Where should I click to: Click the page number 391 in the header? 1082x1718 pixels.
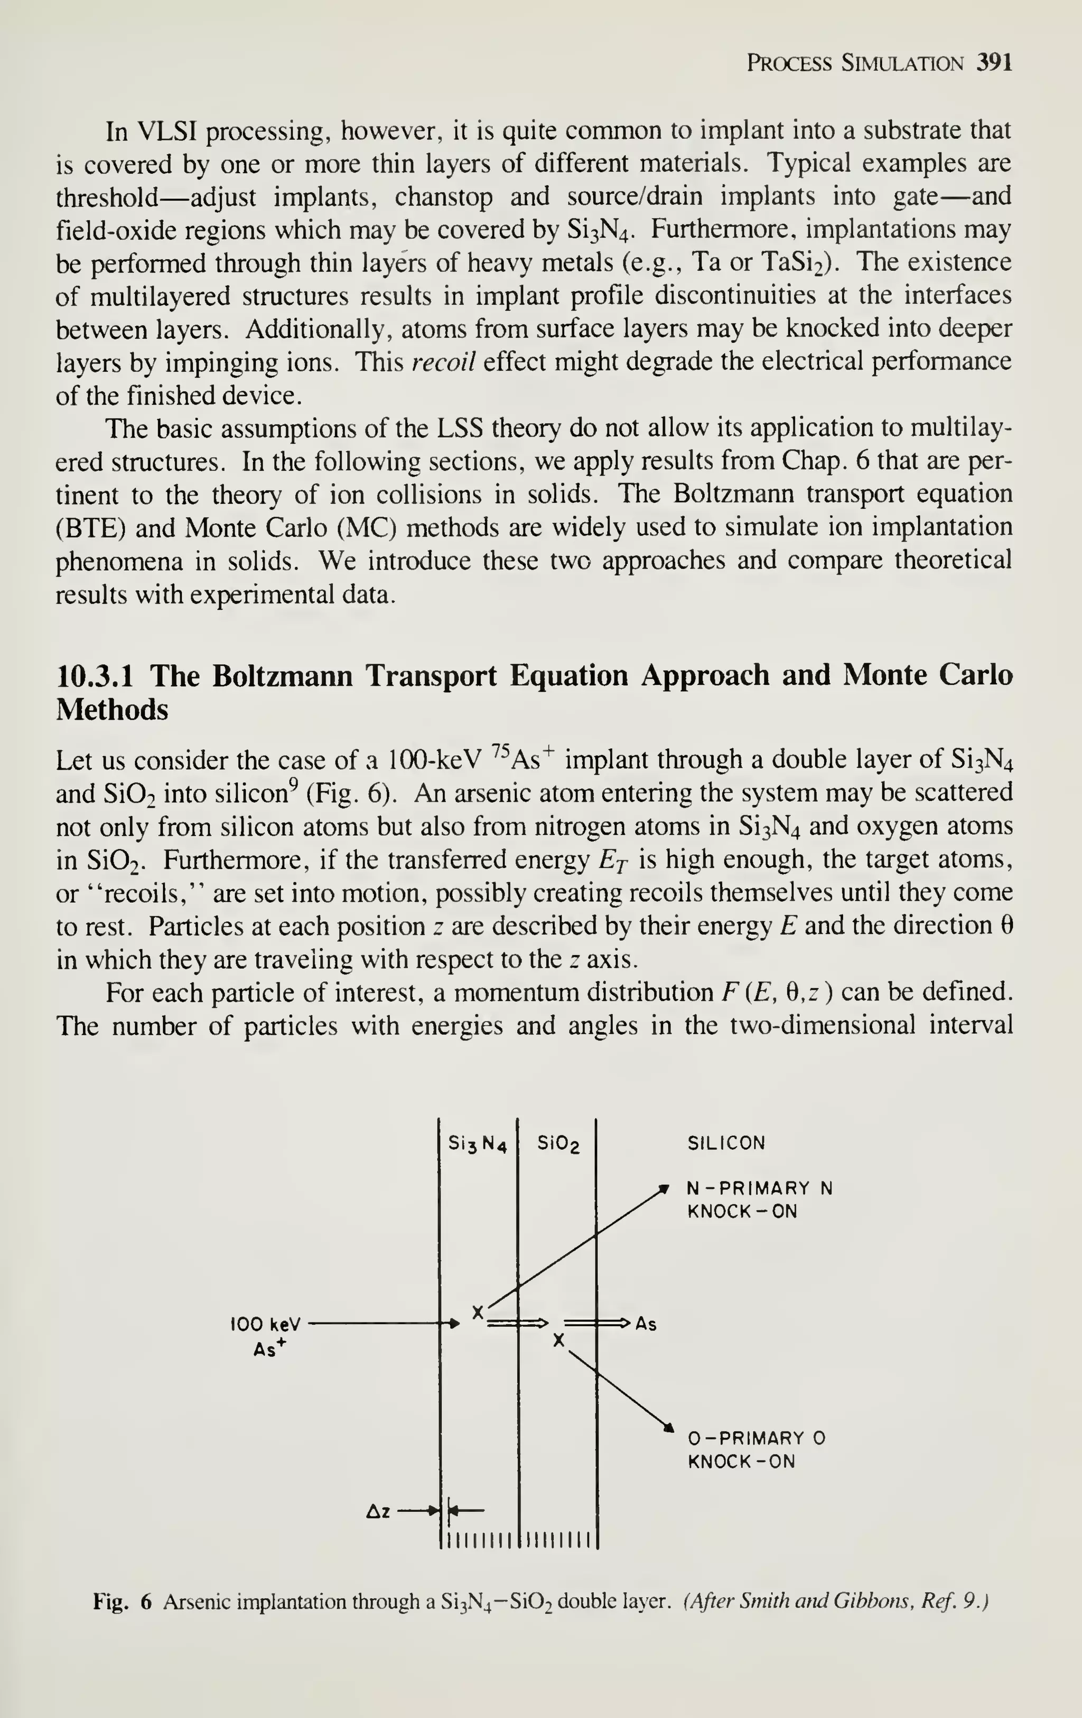pos(994,63)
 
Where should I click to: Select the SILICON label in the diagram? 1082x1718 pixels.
pos(726,1144)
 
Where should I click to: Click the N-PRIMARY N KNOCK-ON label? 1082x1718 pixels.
pos(759,1200)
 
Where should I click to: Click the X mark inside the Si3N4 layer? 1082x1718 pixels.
pos(478,1312)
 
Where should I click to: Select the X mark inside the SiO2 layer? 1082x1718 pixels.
pos(559,1341)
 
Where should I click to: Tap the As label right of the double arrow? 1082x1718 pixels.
pos(646,1324)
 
